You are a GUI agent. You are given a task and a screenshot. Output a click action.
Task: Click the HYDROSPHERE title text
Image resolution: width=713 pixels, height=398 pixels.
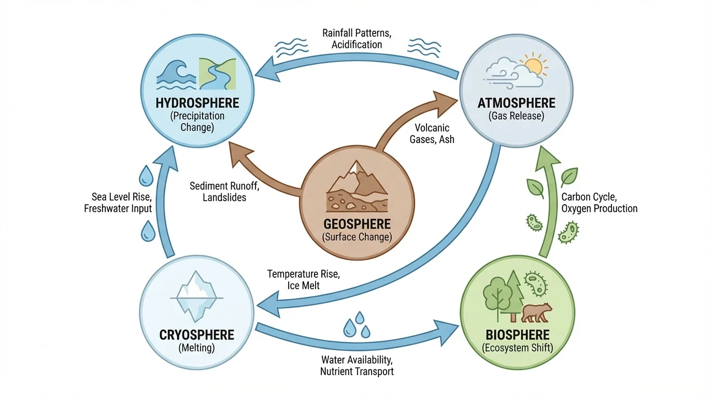pos(197,103)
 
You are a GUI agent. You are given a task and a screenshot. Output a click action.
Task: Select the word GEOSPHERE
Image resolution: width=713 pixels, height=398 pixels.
pos(357,225)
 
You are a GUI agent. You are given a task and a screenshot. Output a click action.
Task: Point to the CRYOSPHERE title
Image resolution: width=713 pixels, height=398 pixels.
pos(197,334)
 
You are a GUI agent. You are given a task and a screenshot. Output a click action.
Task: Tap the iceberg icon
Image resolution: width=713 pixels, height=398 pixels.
pos(197,295)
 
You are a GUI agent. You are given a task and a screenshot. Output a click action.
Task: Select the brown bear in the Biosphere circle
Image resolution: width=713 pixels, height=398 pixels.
pos(536,312)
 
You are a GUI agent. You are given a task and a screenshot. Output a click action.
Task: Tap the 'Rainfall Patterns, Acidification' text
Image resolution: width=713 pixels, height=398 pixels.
pos(356,39)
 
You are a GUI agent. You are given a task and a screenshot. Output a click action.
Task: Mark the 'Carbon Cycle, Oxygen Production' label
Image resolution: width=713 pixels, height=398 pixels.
pos(599,203)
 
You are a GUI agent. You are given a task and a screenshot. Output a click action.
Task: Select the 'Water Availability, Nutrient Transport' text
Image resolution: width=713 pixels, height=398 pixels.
pos(357,365)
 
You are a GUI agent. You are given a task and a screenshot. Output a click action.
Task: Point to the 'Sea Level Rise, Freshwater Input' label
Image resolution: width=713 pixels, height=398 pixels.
pos(118,203)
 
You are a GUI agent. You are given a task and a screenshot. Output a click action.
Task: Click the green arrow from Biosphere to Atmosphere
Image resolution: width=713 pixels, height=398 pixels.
pos(547,207)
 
